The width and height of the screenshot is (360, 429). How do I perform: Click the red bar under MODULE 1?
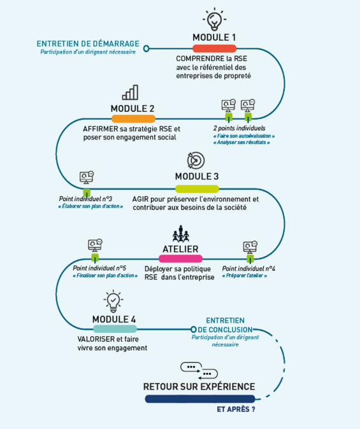(214, 49)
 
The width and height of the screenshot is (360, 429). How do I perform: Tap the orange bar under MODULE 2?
(133, 119)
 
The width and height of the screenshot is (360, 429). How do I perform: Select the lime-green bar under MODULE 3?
(197, 189)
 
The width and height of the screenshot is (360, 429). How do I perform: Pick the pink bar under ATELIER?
(180, 258)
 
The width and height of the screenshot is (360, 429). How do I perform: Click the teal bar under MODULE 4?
(115, 328)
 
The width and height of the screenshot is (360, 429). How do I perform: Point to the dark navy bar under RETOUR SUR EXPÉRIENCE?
(200, 399)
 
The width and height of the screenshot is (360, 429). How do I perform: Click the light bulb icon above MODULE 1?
(214, 19)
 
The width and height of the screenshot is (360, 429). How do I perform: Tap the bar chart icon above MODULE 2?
(130, 92)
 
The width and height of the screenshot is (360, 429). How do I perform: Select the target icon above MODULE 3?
(196, 160)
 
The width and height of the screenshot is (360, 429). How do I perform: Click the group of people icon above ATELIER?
(181, 234)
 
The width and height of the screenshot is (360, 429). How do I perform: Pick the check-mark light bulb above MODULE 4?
(113, 301)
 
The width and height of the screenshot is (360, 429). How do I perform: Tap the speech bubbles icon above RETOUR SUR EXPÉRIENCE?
(199, 371)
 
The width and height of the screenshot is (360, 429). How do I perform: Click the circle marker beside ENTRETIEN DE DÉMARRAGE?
(147, 49)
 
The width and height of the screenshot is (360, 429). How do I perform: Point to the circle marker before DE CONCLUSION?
(194, 329)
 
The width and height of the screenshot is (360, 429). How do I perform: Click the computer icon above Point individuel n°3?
(87, 178)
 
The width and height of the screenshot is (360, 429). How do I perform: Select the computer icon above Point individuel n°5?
(95, 245)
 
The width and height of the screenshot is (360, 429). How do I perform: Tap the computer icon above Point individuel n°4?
(250, 248)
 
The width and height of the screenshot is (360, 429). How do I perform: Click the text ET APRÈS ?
(236, 409)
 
